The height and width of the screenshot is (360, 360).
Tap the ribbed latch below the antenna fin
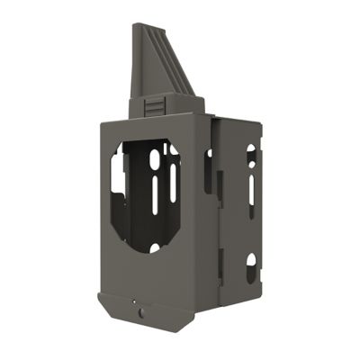(x=155, y=105)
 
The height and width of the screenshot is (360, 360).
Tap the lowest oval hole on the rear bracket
(x=251, y=263)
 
